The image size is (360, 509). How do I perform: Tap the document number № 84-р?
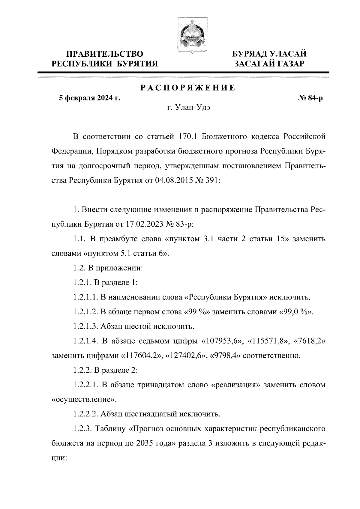[x=309, y=98]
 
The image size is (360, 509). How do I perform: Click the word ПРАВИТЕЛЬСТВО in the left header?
[x=105, y=54]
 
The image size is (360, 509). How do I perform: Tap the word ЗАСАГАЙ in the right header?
[x=255, y=64]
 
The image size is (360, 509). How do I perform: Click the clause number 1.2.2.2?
[x=85, y=414]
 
